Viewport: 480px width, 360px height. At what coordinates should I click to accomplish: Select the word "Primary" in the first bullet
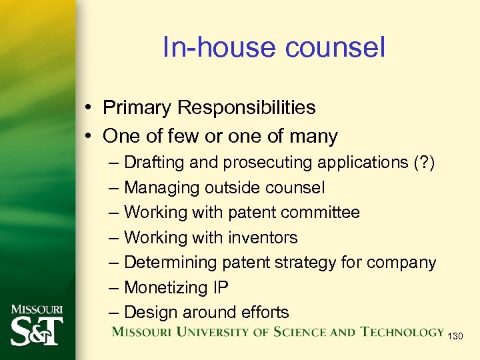pos(137,107)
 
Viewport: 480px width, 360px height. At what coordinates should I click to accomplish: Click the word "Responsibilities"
pos(247,107)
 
